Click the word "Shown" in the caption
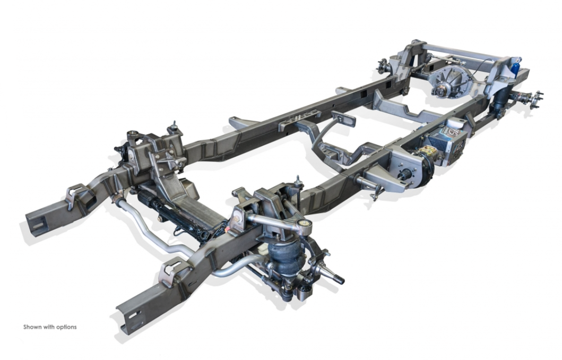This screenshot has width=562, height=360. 32,327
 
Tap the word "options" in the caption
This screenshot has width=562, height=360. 66,328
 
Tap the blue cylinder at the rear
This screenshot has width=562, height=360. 515,68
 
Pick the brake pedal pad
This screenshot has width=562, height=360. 343,119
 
